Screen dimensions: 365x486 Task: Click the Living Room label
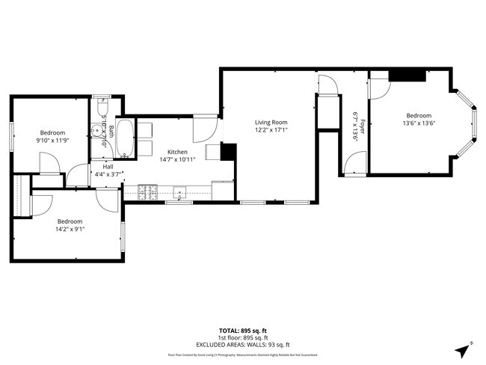pyautogui.click(x=271, y=122)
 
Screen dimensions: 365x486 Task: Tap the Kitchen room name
pyautogui.click(x=177, y=152)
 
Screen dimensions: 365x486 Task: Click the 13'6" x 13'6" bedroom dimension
pyautogui.click(x=418, y=123)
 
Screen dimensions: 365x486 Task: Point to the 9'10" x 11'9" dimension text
pyautogui.click(x=53, y=140)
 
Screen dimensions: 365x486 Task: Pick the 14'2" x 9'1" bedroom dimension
pyautogui.click(x=70, y=230)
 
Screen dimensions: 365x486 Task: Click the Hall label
pyautogui.click(x=108, y=166)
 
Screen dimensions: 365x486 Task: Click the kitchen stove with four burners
pyautogui.click(x=147, y=192)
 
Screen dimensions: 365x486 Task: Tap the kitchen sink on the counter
pyautogui.click(x=179, y=191)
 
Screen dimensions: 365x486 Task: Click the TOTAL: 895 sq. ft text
pyautogui.click(x=244, y=330)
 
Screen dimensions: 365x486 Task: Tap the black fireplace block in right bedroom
pyautogui.click(x=408, y=75)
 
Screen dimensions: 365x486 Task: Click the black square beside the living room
pyautogui.click(x=228, y=152)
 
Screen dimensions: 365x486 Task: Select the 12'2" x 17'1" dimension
pyautogui.click(x=271, y=129)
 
